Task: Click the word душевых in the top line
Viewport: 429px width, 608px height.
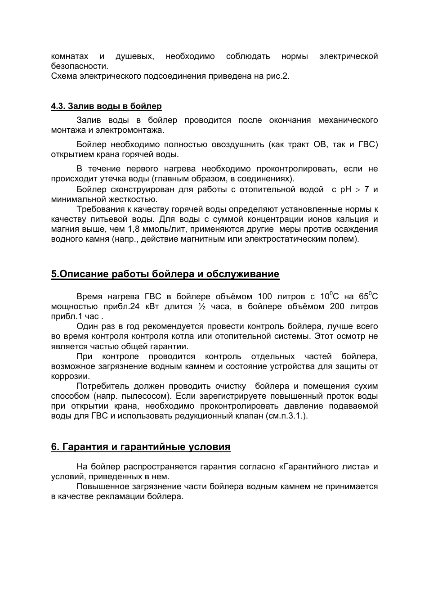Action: pyautogui.click(x=134, y=57)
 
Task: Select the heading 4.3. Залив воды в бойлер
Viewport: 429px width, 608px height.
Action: pyautogui.click(x=107, y=106)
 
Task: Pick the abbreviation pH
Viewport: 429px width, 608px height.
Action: pyautogui.click(x=345, y=189)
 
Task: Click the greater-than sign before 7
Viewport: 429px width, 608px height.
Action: pyautogui.click(x=358, y=189)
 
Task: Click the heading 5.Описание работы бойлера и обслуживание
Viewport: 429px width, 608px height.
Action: pyautogui.click(x=165, y=274)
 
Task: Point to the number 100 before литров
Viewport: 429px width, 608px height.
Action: pyautogui.click(x=265, y=297)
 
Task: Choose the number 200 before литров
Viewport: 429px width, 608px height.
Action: pyautogui.click(x=338, y=307)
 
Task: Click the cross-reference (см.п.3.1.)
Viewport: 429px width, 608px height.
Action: pyautogui.click(x=286, y=416)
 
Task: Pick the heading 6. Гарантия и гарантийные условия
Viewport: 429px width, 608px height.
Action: pyautogui.click(x=141, y=447)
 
